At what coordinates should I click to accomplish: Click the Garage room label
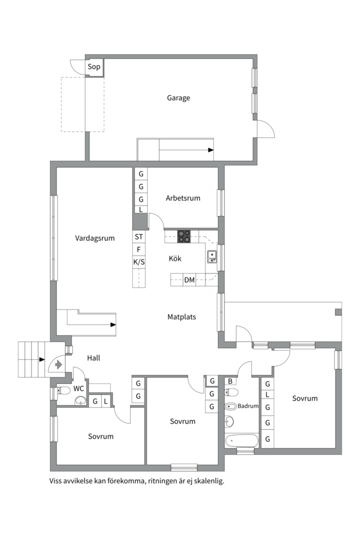click(178, 98)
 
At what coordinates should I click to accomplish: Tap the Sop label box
click(93, 67)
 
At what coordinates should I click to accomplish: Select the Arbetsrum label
click(183, 198)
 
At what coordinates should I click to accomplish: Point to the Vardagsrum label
click(94, 238)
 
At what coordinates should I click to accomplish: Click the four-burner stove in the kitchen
click(184, 236)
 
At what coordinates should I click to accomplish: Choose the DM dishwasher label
click(189, 280)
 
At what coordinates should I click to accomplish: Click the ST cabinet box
click(139, 237)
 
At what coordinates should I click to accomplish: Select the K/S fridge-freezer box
click(139, 262)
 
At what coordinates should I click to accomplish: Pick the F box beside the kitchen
click(139, 249)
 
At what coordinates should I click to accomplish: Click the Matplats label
click(181, 317)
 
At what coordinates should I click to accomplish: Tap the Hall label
click(93, 358)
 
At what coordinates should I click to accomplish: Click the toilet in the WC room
click(62, 390)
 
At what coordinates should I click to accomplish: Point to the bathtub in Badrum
click(241, 440)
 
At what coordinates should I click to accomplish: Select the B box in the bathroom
click(230, 381)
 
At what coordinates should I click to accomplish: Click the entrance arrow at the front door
click(58, 364)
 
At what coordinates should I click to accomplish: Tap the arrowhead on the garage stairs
click(211, 150)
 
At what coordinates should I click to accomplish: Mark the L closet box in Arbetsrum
click(140, 209)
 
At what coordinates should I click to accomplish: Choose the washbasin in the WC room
click(80, 400)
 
